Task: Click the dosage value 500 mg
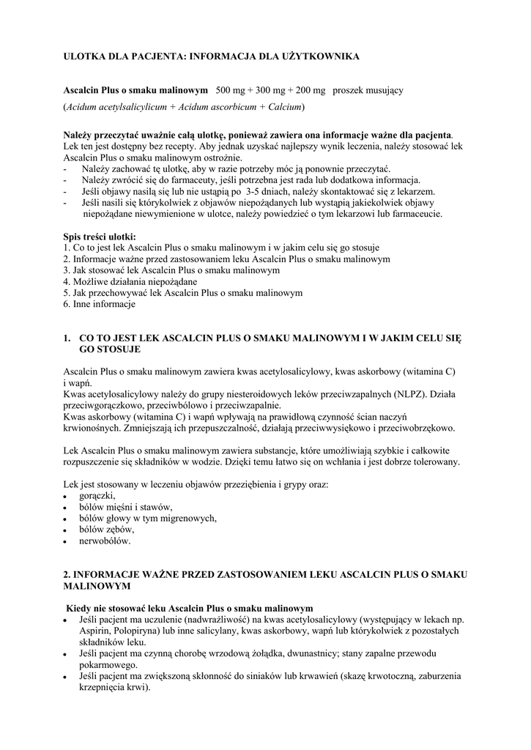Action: pos(231,90)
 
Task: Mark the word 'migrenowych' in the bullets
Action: pos(190,519)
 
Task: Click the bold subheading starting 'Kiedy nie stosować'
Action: pos(190,608)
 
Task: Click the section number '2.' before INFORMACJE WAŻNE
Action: pos(67,575)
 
